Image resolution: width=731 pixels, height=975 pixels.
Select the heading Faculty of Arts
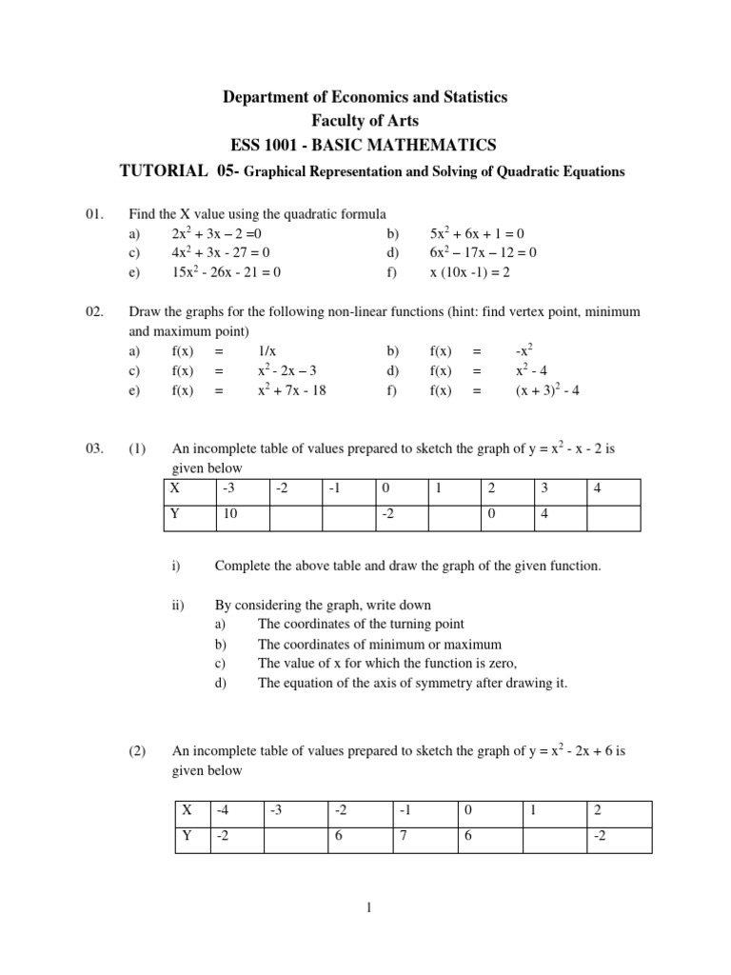[365, 121]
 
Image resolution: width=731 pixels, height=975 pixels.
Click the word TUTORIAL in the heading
[163, 171]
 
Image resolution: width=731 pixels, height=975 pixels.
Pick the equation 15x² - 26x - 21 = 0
[227, 272]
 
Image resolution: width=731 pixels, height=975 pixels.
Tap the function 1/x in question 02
[267, 351]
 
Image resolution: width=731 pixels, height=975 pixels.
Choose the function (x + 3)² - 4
[547, 390]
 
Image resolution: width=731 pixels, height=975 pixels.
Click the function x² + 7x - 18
[291, 390]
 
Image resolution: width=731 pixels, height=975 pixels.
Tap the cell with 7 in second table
[405, 839]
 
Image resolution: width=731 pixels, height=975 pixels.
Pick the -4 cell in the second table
[224, 812]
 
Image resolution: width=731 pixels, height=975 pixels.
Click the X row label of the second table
[188, 812]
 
